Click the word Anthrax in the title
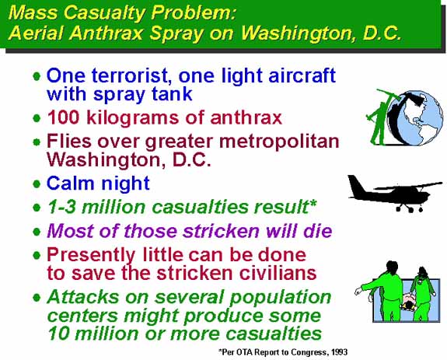pyautogui.click(x=106, y=33)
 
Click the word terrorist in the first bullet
pyautogui.click(x=131, y=76)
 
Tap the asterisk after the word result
pyautogui.click(x=313, y=203)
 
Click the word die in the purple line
pyautogui.click(x=318, y=231)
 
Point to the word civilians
pyautogui.click(x=278, y=273)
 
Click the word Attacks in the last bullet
pyautogui.click(x=83, y=297)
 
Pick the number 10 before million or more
pyautogui.click(x=58, y=334)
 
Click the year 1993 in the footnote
pyautogui.click(x=339, y=352)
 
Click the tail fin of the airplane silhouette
pyautogui.click(x=355, y=186)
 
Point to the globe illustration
pyautogui.click(x=416, y=118)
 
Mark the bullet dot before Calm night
pyautogui.click(x=37, y=183)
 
